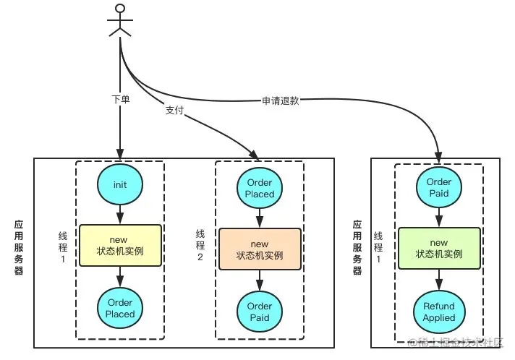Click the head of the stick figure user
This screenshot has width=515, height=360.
(121, 9)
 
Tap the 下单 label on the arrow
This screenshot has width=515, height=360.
(121, 99)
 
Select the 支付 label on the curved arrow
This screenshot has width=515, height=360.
(174, 111)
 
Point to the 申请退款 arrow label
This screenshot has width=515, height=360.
(281, 100)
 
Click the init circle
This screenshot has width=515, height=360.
(120, 184)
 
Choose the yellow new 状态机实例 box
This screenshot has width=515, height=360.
(120, 245)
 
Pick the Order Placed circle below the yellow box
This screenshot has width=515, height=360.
(120, 308)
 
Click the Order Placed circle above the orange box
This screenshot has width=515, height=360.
(260, 188)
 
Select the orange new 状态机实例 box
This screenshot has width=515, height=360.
(260, 249)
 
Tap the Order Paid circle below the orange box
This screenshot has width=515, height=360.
(260, 312)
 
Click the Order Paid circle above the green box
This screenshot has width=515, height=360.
(439, 187)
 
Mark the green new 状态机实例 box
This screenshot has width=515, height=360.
(439, 249)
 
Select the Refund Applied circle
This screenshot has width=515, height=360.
(439, 312)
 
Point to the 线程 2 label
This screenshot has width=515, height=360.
(200, 245)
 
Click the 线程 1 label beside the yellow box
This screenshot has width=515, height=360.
(63, 247)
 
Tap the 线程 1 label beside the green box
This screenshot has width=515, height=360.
(378, 247)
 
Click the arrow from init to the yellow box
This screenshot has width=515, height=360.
(120, 215)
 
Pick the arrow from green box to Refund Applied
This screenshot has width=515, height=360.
(439, 280)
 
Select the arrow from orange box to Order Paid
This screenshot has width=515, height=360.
(260, 280)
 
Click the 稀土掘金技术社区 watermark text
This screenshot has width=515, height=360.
(456, 342)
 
